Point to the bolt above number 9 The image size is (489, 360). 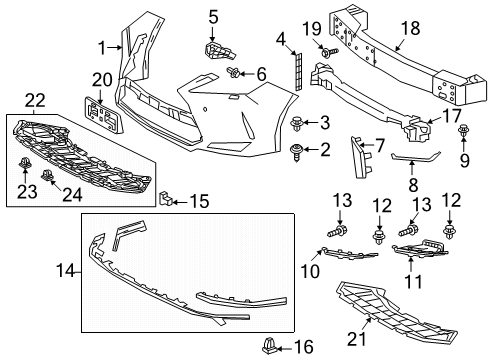point(464,130)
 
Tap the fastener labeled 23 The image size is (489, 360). point(24,163)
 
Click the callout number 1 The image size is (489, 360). point(102,47)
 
